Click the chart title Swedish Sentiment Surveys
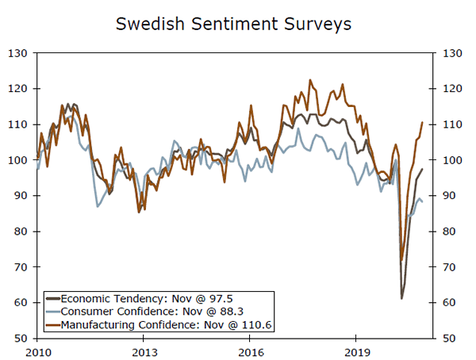pyautogui.click(x=233, y=24)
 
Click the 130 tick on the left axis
pyautogui.click(x=20, y=53)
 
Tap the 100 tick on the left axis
pyautogui.click(x=20, y=160)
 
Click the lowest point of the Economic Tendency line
pyautogui.click(x=401, y=298)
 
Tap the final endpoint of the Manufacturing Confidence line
pyautogui.click(x=422, y=122)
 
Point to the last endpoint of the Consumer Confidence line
pyautogui.click(x=422, y=201)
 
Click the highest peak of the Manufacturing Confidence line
pyautogui.click(x=309, y=79)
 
